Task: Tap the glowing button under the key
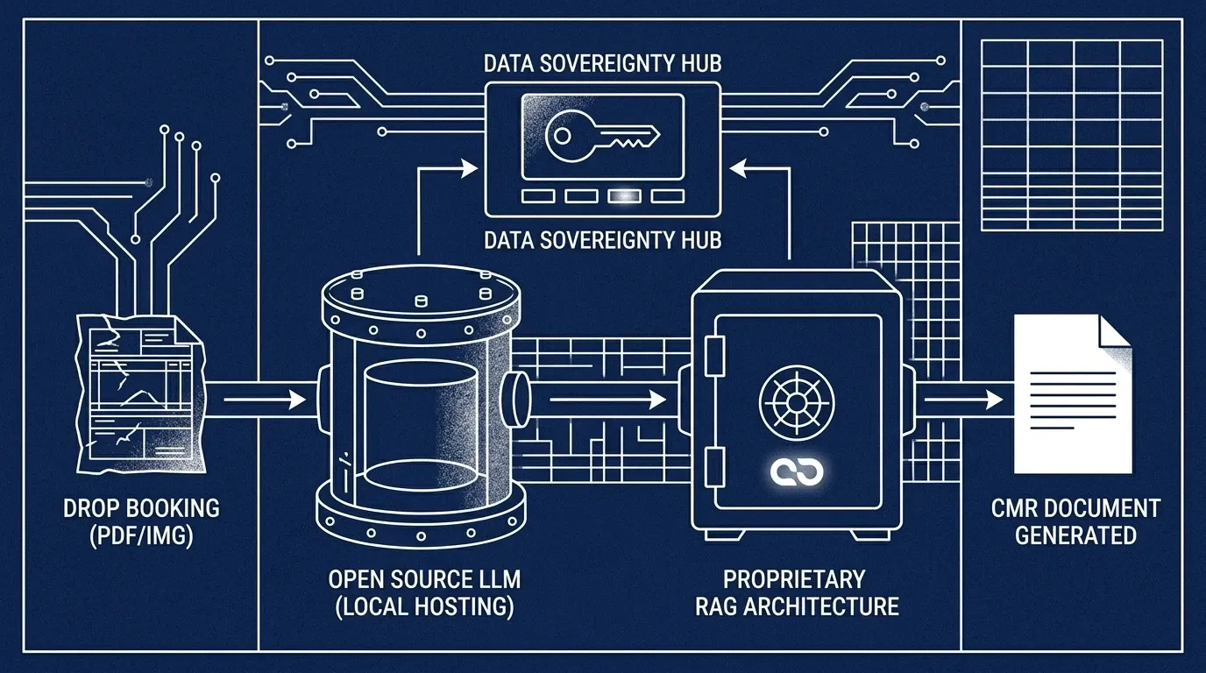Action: click(x=623, y=196)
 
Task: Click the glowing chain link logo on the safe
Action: click(x=797, y=471)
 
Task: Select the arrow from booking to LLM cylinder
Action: click(x=263, y=400)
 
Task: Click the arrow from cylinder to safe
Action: click(x=605, y=400)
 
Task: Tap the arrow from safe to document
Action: click(x=964, y=400)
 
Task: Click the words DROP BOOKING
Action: click(x=141, y=508)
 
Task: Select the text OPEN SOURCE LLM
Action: click(x=424, y=579)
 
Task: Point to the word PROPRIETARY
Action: click(x=794, y=579)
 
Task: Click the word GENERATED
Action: click(x=1075, y=535)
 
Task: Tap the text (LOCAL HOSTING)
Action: click(x=424, y=606)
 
